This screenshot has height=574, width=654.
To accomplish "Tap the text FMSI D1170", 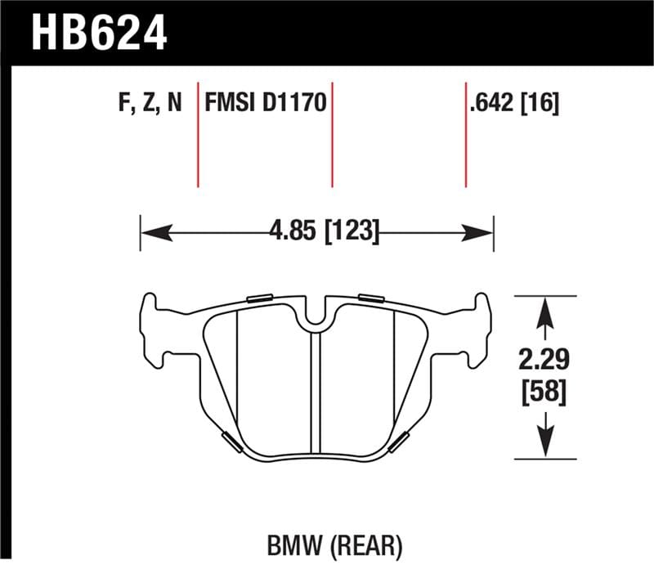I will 266,105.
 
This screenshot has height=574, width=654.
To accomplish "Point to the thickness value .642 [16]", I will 514,105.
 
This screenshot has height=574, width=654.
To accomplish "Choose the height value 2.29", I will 543,359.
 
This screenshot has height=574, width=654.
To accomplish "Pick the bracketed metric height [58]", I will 543,392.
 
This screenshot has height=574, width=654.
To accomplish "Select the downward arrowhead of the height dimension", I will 544,442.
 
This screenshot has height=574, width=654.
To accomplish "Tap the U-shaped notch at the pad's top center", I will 316,319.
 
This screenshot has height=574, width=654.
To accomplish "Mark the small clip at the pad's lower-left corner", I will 231,442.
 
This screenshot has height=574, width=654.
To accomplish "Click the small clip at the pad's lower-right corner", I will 401,442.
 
